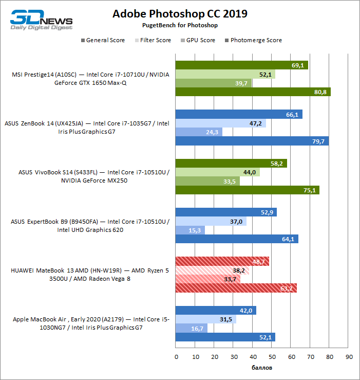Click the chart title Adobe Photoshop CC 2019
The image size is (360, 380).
[x=180, y=14]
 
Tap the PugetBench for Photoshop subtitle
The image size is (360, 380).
[x=180, y=25]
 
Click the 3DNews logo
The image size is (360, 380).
[x=42, y=20]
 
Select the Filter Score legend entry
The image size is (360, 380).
[x=156, y=40]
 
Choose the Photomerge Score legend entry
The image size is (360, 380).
[x=256, y=40]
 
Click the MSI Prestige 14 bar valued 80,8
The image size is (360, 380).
[x=253, y=92]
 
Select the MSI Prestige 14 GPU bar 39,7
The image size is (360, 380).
[x=213, y=83]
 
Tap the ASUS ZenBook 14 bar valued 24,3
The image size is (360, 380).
[x=199, y=132]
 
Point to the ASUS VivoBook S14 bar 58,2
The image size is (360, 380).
[x=231, y=164]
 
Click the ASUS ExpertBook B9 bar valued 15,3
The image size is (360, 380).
[x=190, y=230]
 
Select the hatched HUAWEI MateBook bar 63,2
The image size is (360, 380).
[x=236, y=288]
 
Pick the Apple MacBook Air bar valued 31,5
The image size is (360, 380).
[x=205, y=319]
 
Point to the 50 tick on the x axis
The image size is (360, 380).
[x=272, y=357]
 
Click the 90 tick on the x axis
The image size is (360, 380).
[x=349, y=357]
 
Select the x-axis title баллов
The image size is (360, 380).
[x=262, y=368]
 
